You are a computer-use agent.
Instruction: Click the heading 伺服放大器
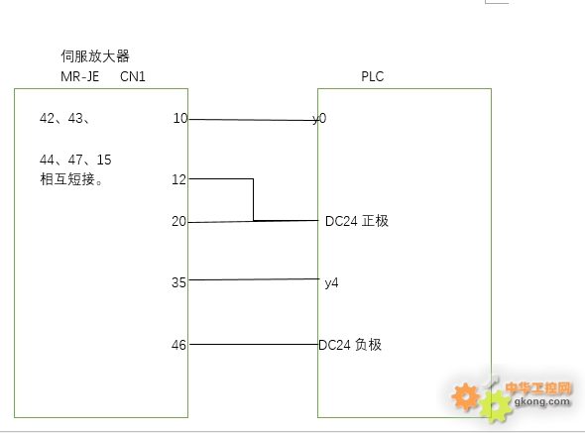tap(95, 56)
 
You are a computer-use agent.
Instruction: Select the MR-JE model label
tap(80, 77)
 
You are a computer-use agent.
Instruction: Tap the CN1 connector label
tap(133, 77)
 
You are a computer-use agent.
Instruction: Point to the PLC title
tap(373, 77)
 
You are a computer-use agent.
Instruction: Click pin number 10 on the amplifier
tap(180, 119)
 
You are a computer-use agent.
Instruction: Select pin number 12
tap(178, 180)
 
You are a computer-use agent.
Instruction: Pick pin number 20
tap(178, 222)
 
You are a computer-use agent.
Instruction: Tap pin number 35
tap(178, 282)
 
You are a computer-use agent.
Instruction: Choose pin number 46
tap(178, 345)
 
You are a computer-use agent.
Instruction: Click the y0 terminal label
tap(319, 119)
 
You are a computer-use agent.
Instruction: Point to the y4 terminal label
tap(332, 283)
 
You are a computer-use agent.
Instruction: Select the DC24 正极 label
tap(357, 221)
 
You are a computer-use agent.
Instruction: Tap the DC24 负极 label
tap(350, 345)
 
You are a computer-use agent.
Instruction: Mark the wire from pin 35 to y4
tap(254, 279)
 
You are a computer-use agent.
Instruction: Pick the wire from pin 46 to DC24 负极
tap(254, 344)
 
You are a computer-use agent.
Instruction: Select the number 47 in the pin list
tap(75, 160)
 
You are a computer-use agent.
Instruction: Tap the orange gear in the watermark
tap(465, 396)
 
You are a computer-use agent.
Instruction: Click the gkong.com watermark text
tap(542, 401)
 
